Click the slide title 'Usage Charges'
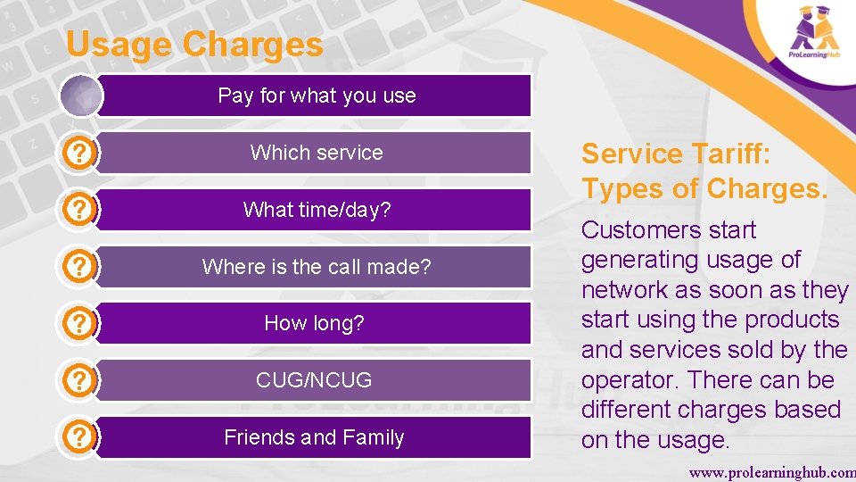click(x=194, y=45)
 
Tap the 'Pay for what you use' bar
click(x=317, y=96)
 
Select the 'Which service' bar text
click(x=317, y=153)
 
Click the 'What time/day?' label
click(x=317, y=210)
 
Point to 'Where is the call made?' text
click(x=317, y=267)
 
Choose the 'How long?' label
click(x=314, y=323)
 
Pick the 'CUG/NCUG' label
click(x=314, y=380)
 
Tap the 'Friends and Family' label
click(x=314, y=437)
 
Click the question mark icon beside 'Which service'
click(x=80, y=153)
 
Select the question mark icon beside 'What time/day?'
click(x=80, y=210)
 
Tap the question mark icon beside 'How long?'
click(x=80, y=323)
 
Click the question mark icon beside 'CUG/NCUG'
click(x=80, y=380)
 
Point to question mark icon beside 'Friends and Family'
click(x=80, y=437)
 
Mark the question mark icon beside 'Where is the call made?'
click(x=80, y=267)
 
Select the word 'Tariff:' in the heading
click(x=730, y=154)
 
